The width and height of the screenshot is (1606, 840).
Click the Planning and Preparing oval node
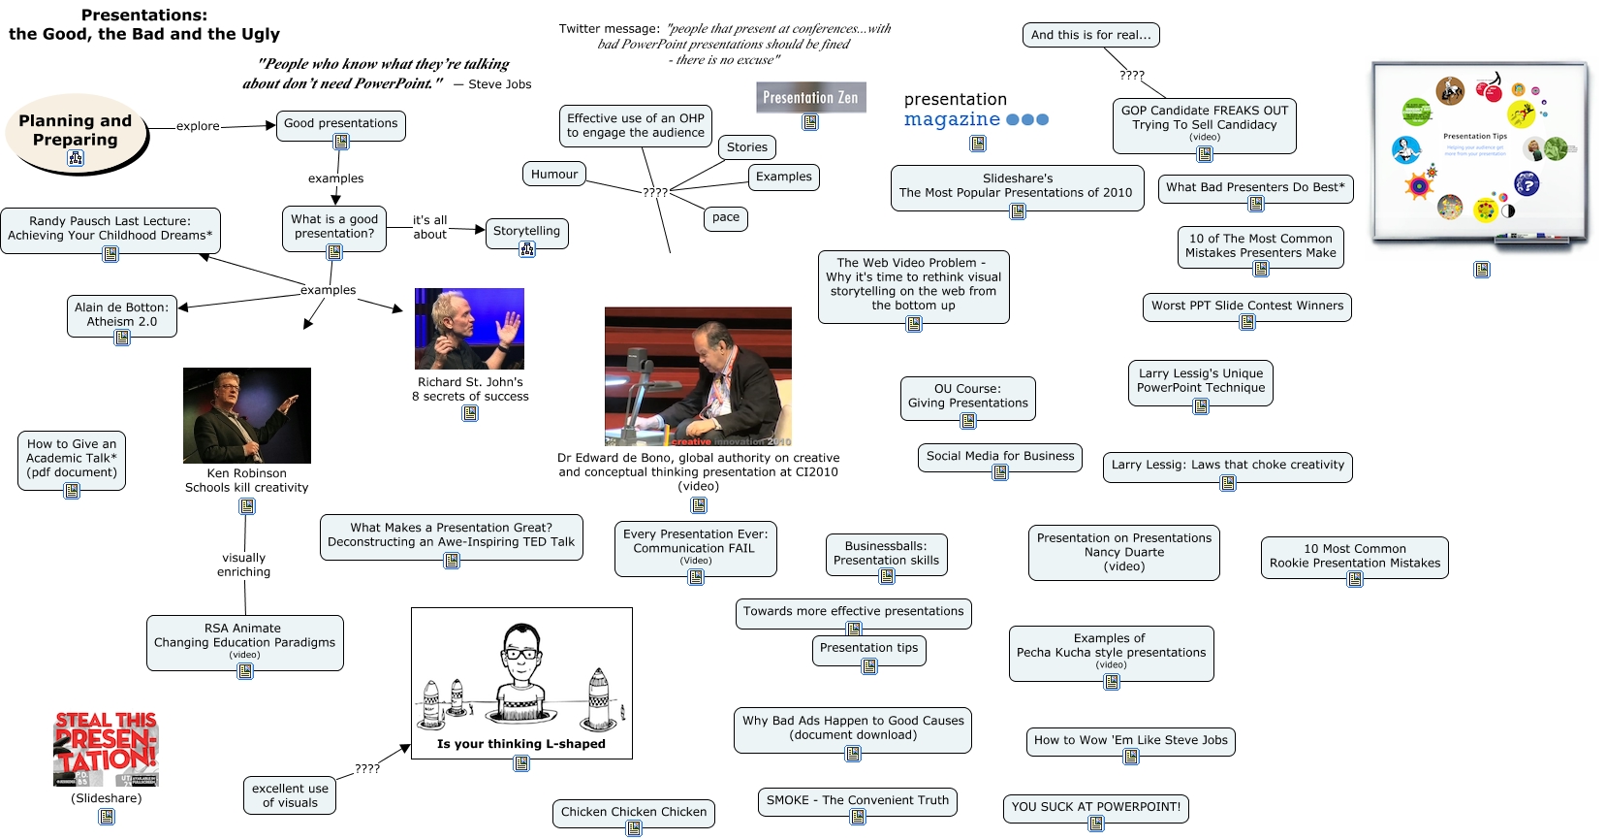[76, 131]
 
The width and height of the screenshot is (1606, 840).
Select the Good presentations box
[340, 123]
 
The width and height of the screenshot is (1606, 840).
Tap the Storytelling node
[526, 231]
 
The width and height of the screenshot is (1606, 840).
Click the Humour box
[554, 175]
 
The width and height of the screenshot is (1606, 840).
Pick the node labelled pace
[725, 217]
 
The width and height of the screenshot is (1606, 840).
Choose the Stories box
[746, 147]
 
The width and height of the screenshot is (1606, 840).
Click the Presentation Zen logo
[810, 97]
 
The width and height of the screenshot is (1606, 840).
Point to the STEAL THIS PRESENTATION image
[106, 749]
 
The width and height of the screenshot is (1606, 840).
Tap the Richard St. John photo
[469, 328]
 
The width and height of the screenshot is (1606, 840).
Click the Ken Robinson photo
[247, 415]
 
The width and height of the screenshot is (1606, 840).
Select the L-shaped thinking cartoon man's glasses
[521, 654]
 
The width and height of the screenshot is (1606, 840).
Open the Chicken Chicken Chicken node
[634, 812]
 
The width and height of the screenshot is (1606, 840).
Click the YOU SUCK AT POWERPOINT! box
[1095, 806]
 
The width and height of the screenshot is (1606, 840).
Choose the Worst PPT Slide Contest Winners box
[1246, 306]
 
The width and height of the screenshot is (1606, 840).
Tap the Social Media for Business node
[999, 456]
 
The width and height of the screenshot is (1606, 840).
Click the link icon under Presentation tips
[869, 666]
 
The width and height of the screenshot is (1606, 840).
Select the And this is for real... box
[1090, 35]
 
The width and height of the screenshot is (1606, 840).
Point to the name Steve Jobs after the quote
[499, 84]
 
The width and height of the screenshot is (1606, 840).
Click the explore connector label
[198, 126]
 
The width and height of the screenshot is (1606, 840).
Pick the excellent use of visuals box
[290, 795]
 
